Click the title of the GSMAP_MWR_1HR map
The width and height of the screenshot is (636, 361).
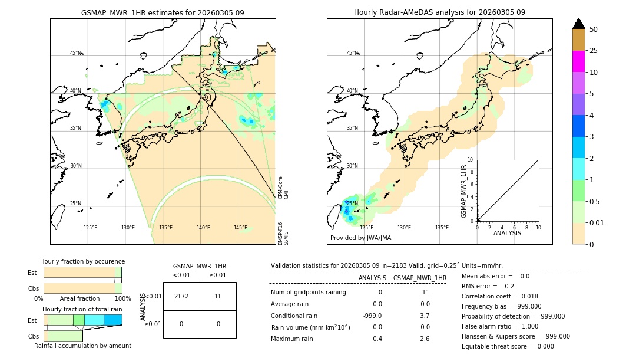coord(163,12)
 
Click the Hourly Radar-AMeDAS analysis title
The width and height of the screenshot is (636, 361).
coord(439,12)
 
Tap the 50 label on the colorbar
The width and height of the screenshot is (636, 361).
coord(594,29)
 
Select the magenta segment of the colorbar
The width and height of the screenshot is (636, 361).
coord(578,61)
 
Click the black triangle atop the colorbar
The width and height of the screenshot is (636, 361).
coord(578,24)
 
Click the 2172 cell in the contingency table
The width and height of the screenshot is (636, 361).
coord(181,296)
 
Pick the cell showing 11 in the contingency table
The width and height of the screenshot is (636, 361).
coord(218,296)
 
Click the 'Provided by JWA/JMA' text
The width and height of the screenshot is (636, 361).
coord(360,238)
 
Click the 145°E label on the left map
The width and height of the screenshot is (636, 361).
coord(240,228)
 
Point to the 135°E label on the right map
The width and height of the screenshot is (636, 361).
coord(442,228)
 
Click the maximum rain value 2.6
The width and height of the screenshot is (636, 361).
coord(425,339)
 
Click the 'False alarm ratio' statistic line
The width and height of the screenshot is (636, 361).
coord(499,326)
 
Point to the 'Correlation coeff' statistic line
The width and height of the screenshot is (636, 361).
coord(499,296)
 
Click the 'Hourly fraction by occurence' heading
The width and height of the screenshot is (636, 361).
coord(82,261)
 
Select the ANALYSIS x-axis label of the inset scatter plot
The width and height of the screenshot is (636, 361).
coord(507,233)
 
